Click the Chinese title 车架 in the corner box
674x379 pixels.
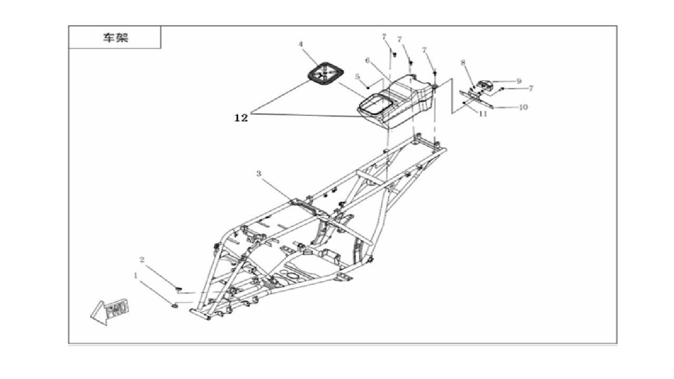pyautogui.click(x=116, y=37)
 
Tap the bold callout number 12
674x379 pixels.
pyautogui.click(x=241, y=118)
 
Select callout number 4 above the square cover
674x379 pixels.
pyautogui.click(x=300, y=45)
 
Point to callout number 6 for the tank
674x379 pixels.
pyautogui.click(x=367, y=61)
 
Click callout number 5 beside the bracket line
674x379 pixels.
pyautogui.click(x=357, y=77)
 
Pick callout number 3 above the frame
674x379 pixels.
pyautogui.click(x=259, y=174)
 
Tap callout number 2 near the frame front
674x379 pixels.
pyautogui.click(x=142, y=260)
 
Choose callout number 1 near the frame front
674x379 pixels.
pyautogui.click(x=136, y=275)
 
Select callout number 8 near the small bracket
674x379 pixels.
pyautogui.click(x=463, y=63)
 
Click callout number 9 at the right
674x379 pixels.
pyautogui.click(x=519, y=81)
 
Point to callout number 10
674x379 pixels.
pyautogui.click(x=523, y=107)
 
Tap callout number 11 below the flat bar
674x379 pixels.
pyautogui.click(x=483, y=114)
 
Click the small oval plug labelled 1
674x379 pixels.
pyautogui.click(x=174, y=306)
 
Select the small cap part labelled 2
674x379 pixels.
pyautogui.click(x=179, y=289)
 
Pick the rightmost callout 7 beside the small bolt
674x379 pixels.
pyautogui.click(x=531, y=88)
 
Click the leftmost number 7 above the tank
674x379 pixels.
pyautogui.click(x=384, y=37)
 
